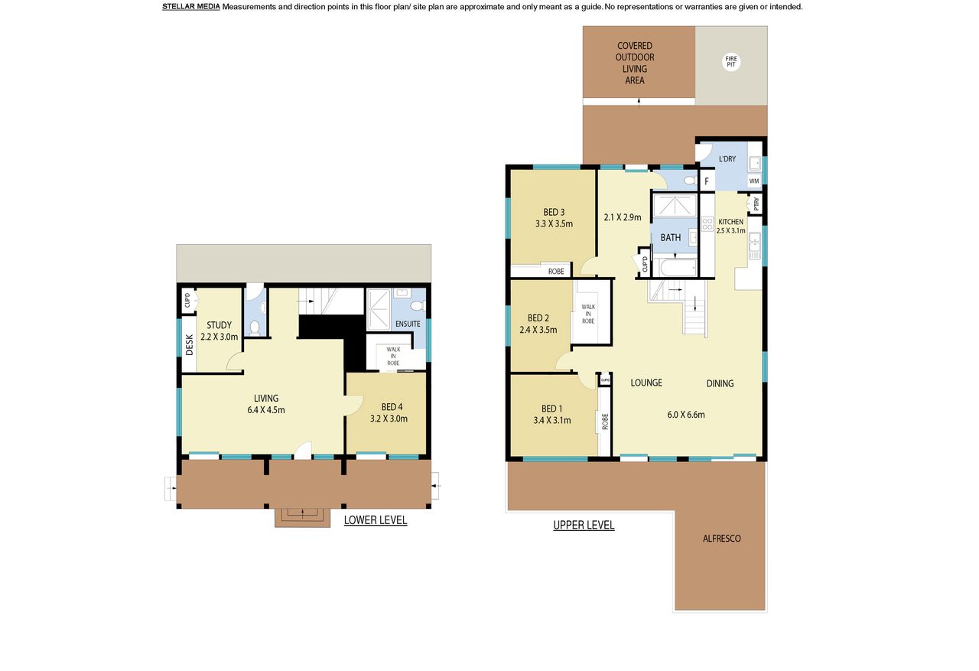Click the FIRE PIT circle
click(x=731, y=62)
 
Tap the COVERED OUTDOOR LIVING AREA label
click(x=635, y=63)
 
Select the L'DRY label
click(x=727, y=158)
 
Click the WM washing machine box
click(x=754, y=181)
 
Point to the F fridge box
click(x=707, y=181)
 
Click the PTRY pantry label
click(x=756, y=204)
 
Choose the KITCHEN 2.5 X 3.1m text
click(x=730, y=226)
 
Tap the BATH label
click(x=671, y=237)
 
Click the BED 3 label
click(x=554, y=212)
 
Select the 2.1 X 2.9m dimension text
click(x=623, y=217)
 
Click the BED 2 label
click(x=538, y=318)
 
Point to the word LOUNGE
click(x=646, y=383)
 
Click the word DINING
click(x=720, y=383)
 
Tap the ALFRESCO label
click(x=721, y=538)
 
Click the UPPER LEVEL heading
click(x=584, y=525)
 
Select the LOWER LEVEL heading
click(x=376, y=520)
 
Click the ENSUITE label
click(x=408, y=324)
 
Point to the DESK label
click(x=189, y=345)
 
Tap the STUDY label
click(x=219, y=325)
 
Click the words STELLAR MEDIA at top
click(x=191, y=7)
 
